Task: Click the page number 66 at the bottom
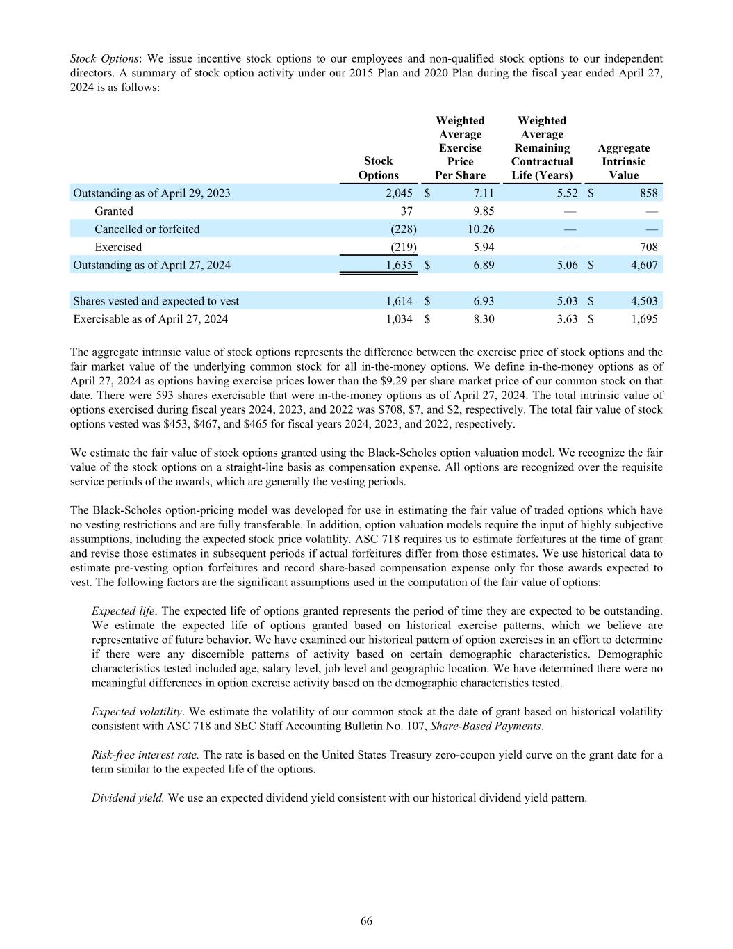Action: pos(366,921)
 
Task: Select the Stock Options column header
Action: pos(379,168)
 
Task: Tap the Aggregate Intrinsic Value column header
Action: pos(623,161)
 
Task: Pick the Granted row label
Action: pos(114,211)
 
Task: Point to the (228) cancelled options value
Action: pos(403,229)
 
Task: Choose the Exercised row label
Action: pos(118,248)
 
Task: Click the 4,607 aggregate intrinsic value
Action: pos(643,266)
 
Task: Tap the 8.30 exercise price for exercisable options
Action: pos(484,319)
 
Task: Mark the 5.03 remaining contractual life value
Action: pos(567,301)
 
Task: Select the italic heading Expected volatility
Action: pos(137,712)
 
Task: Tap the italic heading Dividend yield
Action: pos(128,798)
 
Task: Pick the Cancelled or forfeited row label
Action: pos(147,229)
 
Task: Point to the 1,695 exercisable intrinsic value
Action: pos(643,319)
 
